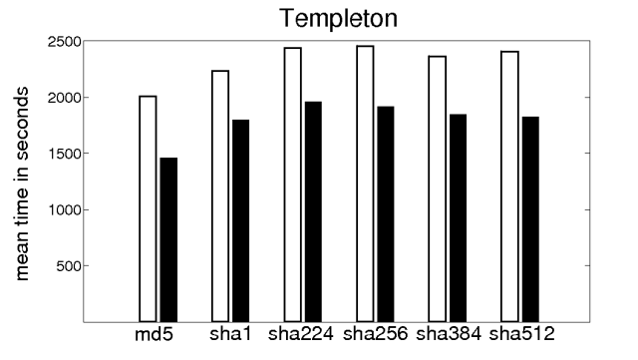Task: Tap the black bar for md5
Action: pos(168,239)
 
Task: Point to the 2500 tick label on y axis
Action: pos(63,42)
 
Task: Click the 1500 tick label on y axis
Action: pos(63,154)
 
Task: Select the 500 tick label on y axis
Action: pos(68,266)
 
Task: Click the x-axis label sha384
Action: pos(448,333)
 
